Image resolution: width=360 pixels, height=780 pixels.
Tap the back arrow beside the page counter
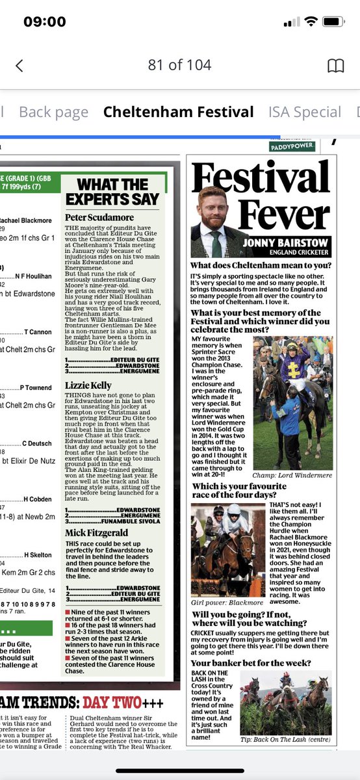(19, 65)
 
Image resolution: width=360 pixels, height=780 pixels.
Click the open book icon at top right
(335, 65)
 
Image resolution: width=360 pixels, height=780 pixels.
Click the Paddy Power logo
(292, 147)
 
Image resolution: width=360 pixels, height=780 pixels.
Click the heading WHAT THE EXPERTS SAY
(113, 192)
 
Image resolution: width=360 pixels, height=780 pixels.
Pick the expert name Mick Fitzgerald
(95, 532)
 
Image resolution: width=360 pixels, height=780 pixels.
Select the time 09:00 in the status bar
(44, 22)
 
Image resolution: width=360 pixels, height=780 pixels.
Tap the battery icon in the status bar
(335, 22)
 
